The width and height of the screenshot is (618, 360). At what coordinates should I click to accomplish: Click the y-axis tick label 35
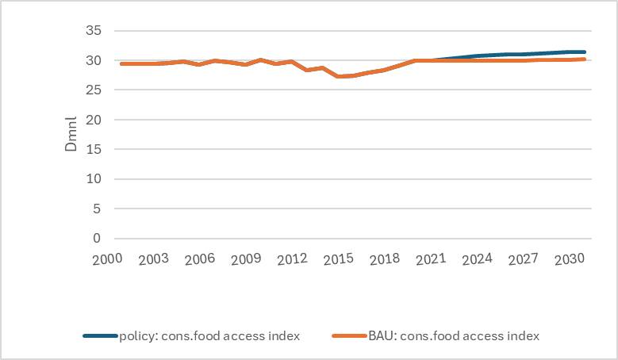pyautogui.click(x=94, y=31)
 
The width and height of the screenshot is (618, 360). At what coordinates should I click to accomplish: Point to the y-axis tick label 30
pyautogui.click(x=94, y=60)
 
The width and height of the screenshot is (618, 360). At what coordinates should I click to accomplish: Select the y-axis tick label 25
pyautogui.click(x=94, y=90)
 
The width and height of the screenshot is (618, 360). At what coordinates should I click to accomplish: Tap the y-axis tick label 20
pyautogui.click(x=94, y=120)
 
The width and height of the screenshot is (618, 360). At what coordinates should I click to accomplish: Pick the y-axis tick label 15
pyautogui.click(x=94, y=149)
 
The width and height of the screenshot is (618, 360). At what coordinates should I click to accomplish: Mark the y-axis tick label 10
pyautogui.click(x=94, y=179)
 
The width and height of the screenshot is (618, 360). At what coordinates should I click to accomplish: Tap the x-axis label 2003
pyautogui.click(x=153, y=259)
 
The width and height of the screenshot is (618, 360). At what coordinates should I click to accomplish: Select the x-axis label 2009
pyautogui.click(x=246, y=259)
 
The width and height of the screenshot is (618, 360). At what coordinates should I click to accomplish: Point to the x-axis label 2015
pyautogui.click(x=339, y=259)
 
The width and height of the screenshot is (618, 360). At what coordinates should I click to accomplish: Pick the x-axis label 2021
pyautogui.click(x=432, y=259)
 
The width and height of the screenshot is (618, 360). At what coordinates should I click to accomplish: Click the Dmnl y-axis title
pyautogui.click(x=71, y=135)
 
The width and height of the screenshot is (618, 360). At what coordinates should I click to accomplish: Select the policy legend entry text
pyautogui.click(x=209, y=336)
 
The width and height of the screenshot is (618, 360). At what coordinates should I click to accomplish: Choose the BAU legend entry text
pyautogui.click(x=453, y=336)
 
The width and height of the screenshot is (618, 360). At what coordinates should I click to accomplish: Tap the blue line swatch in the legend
pyautogui.click(x=99, y=336)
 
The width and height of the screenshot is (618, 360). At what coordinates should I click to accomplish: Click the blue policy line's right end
pyautogui.click(x=584, y=52)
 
